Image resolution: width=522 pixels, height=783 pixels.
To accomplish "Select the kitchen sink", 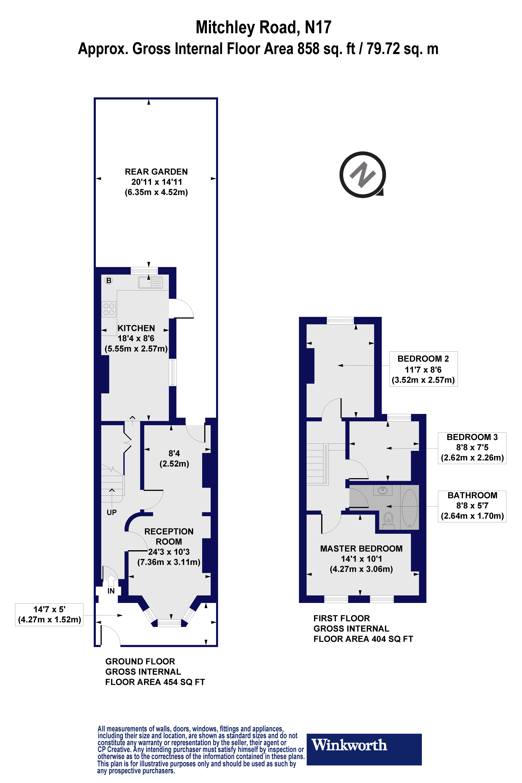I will pyautogui.click(x=150, y=282).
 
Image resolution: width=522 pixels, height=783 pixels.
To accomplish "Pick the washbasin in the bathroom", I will pyautogui.click(x=383, y=490).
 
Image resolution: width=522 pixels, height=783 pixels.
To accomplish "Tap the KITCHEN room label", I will pyautogui.click(x=136, y=328).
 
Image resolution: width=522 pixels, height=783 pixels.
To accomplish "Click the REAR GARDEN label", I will pyautogui.click(x=156, y=172).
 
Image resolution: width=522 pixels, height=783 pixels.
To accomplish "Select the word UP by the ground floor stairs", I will pyautogui.click(x=112, y=512).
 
